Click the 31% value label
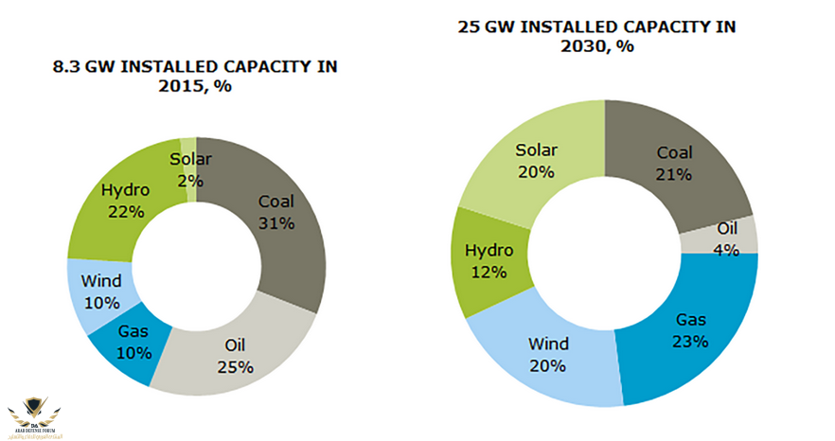[276, 223]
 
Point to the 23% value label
[690, 341]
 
